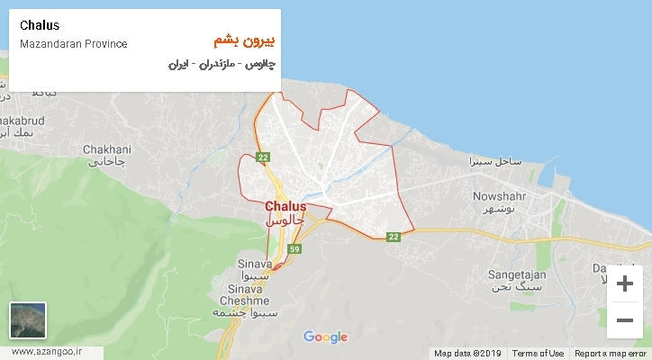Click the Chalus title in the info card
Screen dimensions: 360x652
click(40, 25)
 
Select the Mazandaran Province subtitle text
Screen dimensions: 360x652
click(73, 44)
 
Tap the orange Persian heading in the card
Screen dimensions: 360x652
click(245, 41)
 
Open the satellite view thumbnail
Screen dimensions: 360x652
click(28, 319)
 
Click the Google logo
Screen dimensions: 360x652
click(325, 337)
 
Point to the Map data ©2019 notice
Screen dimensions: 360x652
click(468, 353)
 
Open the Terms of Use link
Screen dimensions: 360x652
click(538, 353)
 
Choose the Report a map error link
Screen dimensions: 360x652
click(610, 353)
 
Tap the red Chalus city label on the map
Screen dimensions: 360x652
click(286, 206)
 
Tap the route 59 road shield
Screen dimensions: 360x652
click(294, 248)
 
